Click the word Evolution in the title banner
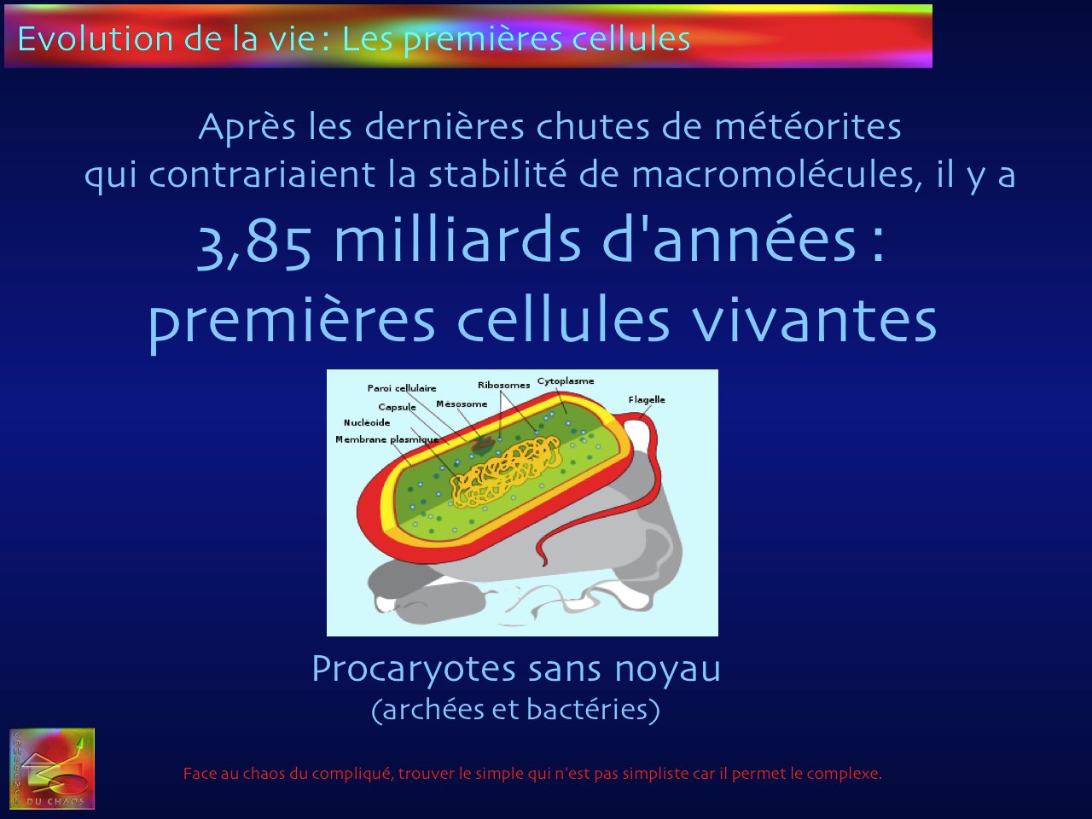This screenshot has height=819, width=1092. click(x=95, y=38)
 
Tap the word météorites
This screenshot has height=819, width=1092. click(x=808, y=126)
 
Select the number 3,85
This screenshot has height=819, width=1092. click(x=254, y=245)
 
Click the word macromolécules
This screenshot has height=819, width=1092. click(x=777, y=175)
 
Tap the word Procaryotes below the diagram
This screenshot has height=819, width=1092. click(x=414, y=671)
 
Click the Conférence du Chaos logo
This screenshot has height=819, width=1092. click(x=52, y=769)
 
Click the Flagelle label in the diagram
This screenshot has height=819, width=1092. click(x=647, y=399)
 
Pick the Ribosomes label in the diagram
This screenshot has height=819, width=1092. click(x=503, y=385)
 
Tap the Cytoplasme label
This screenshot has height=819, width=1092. click(x=565, y=381)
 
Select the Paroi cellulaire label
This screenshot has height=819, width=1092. click(x=402, y=388)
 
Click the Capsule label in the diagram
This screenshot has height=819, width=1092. click(x=397, y=407)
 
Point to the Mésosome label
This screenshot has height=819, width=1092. click(x=462, y=404)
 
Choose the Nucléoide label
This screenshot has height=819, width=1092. click(x=367, y=422)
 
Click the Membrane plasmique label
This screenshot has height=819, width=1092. click(x=386, y=439)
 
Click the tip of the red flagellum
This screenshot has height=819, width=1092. click(x=544, y=564)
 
